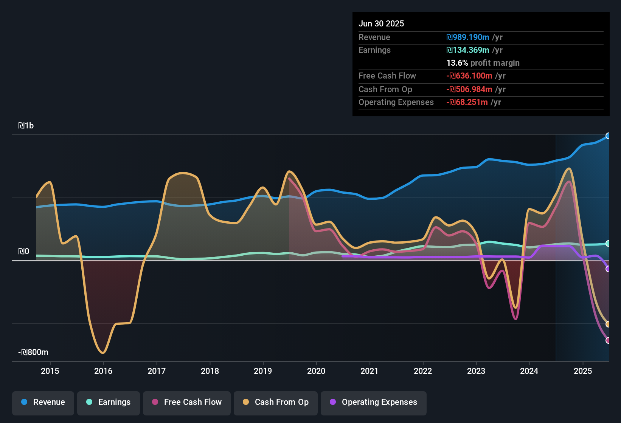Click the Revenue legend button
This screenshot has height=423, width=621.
tap(43, 402)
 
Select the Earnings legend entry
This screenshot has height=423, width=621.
tap(109, 402)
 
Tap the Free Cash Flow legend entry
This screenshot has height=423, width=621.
tap(187, 402)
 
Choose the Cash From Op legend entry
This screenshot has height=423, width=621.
tap(276, 402)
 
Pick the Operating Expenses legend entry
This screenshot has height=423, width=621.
tap(374, 402)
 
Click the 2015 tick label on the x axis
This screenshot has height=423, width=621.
tap(50, 371)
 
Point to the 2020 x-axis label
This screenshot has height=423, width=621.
tap(316, 371)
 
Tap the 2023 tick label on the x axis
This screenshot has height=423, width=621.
tap(476, 371)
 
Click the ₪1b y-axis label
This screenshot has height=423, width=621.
tap(26, 126)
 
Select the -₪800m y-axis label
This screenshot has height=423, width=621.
tap(33, 352)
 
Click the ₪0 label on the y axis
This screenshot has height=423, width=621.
tap(23, 252)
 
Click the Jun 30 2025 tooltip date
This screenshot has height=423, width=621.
tap(381, 24)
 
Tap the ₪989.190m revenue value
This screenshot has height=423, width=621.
tap(468, 37)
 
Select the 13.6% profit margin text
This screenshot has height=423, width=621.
tap(483, 63)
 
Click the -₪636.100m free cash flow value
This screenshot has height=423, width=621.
tap(469, 76)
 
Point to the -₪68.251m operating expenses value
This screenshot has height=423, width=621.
tap(467, 102)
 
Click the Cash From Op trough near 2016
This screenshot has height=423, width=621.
tap(103, 353)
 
